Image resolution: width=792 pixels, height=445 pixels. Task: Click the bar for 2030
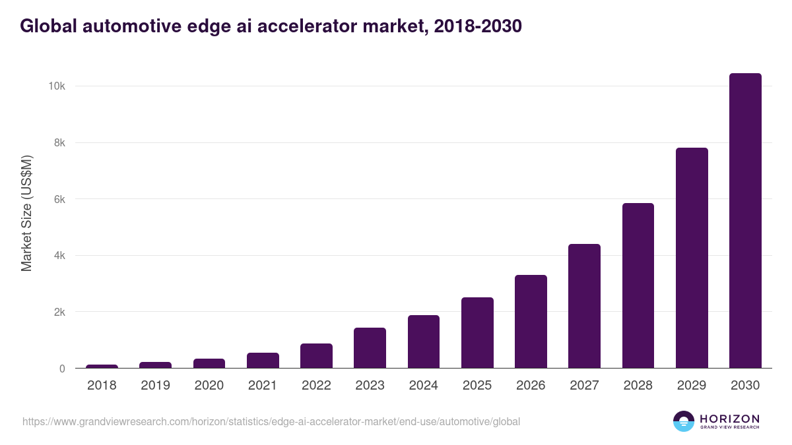[x=745, y=221]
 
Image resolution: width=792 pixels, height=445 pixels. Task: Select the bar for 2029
[x=692, y=258]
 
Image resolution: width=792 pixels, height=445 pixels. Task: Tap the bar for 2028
[x=638, y=285]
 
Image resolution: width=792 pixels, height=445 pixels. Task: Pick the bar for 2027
[x=584, y=306]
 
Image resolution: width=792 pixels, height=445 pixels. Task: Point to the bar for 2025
[x=477, y=333]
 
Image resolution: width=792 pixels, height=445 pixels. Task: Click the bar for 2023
[x=370, y=348]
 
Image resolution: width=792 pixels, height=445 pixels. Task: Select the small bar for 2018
[x=102, y=366]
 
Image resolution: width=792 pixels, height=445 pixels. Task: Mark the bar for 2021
[x=263, y=361]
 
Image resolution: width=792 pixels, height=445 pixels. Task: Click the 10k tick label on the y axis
[x=55, y=86]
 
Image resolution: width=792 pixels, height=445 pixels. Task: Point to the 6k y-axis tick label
[x=59, y=199]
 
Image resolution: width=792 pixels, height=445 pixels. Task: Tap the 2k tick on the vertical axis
[x=59, y=312]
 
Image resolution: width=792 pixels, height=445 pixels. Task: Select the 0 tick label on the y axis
[x=62, y=369]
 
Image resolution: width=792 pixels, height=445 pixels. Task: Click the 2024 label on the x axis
[x=423, y=386]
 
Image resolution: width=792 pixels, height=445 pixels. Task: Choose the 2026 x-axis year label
[x=531, y=386]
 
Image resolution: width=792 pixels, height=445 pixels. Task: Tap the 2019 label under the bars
[x=155, y=386]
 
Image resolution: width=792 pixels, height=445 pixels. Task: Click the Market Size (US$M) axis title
[x=26, y=213]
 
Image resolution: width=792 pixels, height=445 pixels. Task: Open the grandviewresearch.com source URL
[x=271, y=421]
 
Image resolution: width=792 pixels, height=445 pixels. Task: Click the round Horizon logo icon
[x=684, y=421]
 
